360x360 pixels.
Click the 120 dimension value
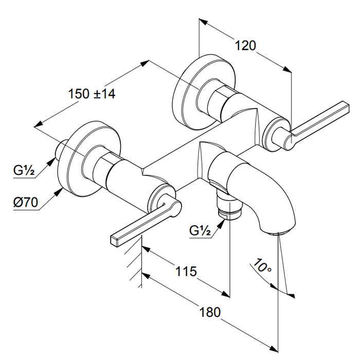click(245, 45)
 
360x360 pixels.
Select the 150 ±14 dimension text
click(92, 94)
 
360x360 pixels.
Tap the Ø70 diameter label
click(25, 202)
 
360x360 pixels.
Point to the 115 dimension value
click(186, 271)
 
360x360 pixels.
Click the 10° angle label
click(262, 266)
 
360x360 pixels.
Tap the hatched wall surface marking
click(135, 262)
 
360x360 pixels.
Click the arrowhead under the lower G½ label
click(222, 222)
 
